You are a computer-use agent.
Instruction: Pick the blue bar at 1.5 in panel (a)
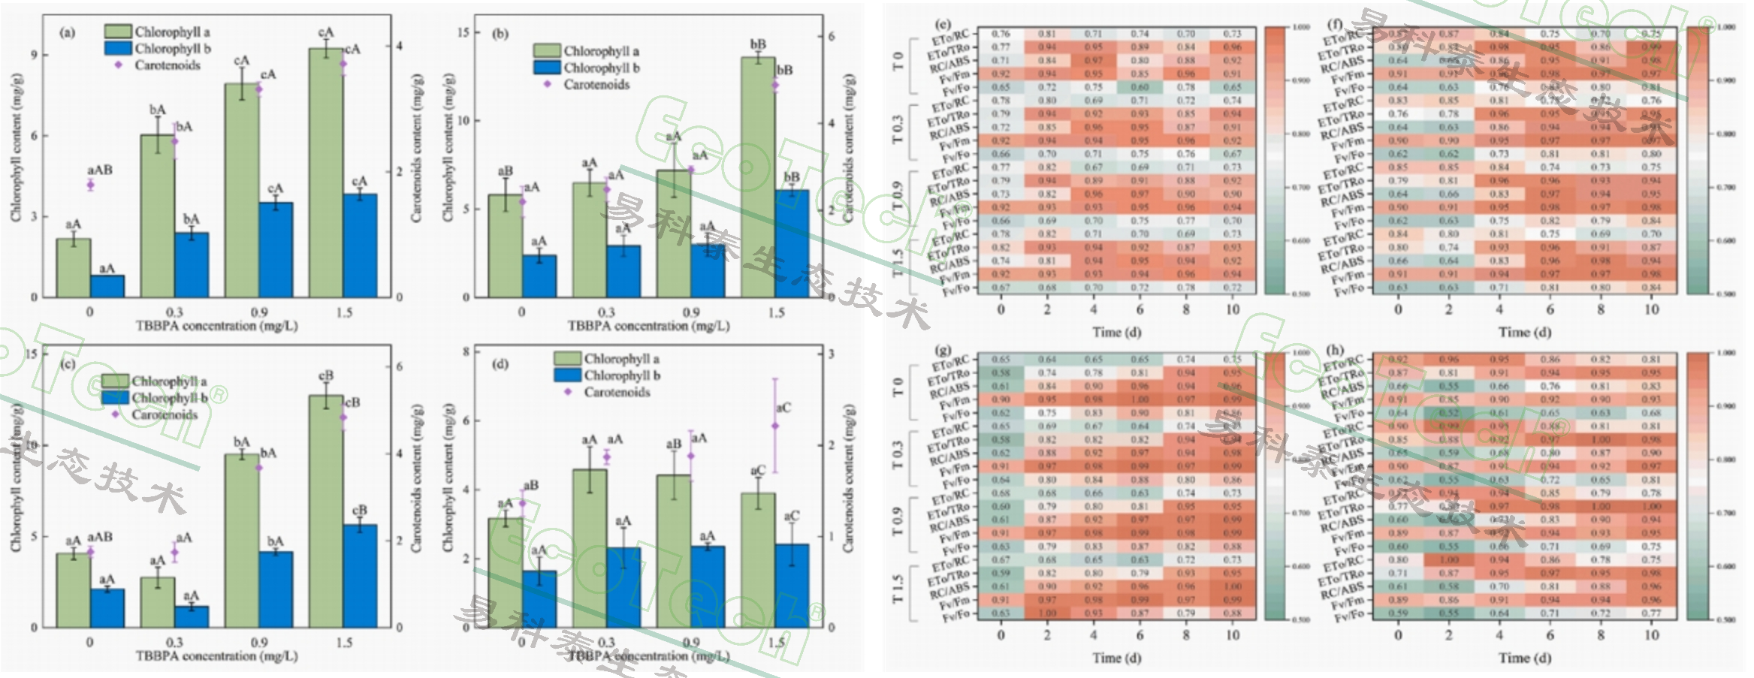(x=360, y=246)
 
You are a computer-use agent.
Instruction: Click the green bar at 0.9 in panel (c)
(x=242, y=540)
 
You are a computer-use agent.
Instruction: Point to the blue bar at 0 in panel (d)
(x=539, y=598)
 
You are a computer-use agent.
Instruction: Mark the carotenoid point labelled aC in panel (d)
(x=775, y=426)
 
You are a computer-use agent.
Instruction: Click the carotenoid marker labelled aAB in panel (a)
(x=91, y=184)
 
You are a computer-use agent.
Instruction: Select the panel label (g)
(x=944, y=350)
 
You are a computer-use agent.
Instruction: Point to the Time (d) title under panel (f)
(x=1524, y=332)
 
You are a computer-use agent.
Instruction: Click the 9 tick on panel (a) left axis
(x=34, y=56)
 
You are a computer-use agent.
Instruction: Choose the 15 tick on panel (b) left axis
(x=463, y=32)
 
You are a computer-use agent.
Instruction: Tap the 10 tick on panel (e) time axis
(x=1232, y=309)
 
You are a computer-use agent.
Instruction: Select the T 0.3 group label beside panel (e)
(x=899, y=128)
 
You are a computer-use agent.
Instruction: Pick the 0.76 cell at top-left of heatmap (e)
(x=1001, y=34)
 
